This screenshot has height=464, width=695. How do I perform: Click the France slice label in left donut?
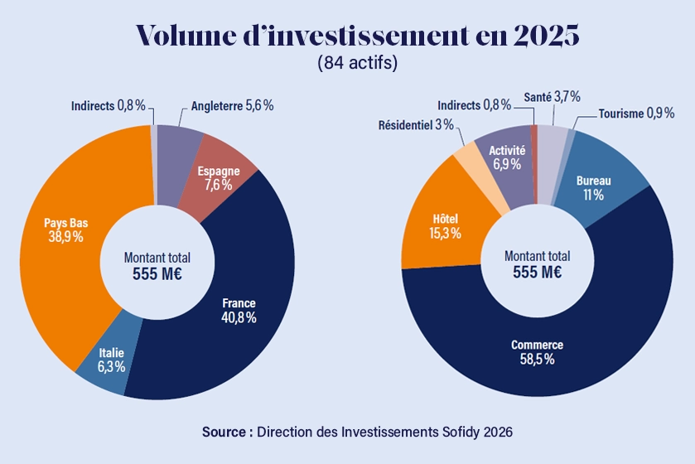tap(239, 310)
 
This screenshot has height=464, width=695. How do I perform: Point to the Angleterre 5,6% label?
tap(232, 106)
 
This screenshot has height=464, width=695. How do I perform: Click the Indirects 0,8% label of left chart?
tap(108, 106)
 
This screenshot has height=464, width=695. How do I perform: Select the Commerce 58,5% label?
tap(537, 352)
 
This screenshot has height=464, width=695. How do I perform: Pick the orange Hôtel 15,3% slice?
tap(439, 226)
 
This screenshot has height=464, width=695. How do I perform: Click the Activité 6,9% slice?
tap(507, 157)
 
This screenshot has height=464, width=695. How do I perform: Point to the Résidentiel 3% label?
tap(416, 125)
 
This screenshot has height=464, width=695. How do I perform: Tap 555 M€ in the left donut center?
tap(157, 273)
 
